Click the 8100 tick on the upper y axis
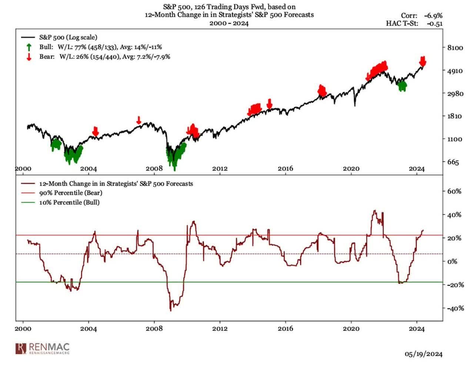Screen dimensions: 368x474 [x=455, y=48]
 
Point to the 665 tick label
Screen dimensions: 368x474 [x=452, y=162]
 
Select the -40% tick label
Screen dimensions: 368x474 [x=455, y=308]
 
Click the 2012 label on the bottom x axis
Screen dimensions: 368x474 [x=220, y=329]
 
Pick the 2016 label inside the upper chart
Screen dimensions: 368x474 [x=285, y=169]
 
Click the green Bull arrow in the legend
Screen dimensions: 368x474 [x=29, y=47]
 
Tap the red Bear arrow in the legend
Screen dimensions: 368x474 [x=29, y=57]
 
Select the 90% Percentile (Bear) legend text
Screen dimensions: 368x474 [x=71, y=193]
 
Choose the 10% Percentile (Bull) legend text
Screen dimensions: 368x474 [x=69, y=203]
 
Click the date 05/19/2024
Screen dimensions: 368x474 [x=423, y=354]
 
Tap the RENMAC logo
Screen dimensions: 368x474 [x=43, y=349]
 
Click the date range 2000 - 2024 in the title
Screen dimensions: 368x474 [x=229, y=23]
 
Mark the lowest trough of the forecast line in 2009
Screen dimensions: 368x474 [x=171, y=310]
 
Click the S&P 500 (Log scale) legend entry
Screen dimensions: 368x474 [x=68, y=37]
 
